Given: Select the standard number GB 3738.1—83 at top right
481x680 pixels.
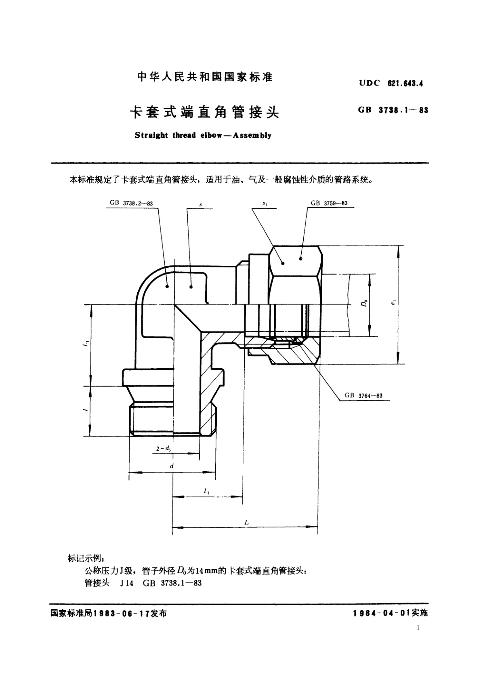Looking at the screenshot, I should click(393, 110).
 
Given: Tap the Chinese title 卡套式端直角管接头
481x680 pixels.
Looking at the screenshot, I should click(204, 111).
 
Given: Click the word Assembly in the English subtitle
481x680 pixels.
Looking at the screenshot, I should click(252, 135).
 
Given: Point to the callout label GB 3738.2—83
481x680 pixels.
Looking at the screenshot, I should click(131, 203).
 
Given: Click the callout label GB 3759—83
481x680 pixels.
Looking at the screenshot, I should click(329, 203).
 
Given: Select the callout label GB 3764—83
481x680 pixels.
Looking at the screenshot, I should click(363, 396).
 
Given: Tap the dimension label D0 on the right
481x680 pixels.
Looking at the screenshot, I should click(364, 303).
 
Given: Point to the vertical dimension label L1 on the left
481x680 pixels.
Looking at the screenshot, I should click(85, 344).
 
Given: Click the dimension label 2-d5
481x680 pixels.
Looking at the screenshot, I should click(163, 448).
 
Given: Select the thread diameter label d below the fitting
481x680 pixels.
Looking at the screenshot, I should click(172, 466).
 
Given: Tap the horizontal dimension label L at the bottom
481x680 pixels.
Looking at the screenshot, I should click(246, 523).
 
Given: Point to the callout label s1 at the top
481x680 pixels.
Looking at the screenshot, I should click(265, 204).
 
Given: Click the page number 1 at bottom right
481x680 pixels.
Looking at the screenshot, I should click(418, 628).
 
